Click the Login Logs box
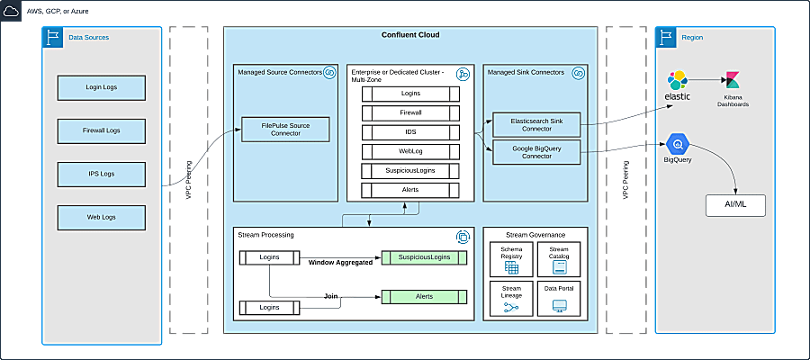tap(101, 87)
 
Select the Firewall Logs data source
tap(101, 130)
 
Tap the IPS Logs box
tap(101, 174)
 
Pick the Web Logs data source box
tap(101, 217)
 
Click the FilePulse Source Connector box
tap(285, 130)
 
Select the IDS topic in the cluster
tap(410, 131)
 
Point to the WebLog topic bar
tap(410, 151)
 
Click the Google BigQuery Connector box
tap(535, 151)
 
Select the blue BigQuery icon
tap(677, 143)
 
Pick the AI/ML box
tap(736, 204)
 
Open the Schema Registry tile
tap(511, 258)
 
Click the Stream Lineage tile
tap(511, 299)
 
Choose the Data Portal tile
tap(558, 299)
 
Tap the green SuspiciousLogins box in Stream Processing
tap(424, 258)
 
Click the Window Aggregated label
tap(340, 263)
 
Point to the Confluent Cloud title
tap(410, 34)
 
